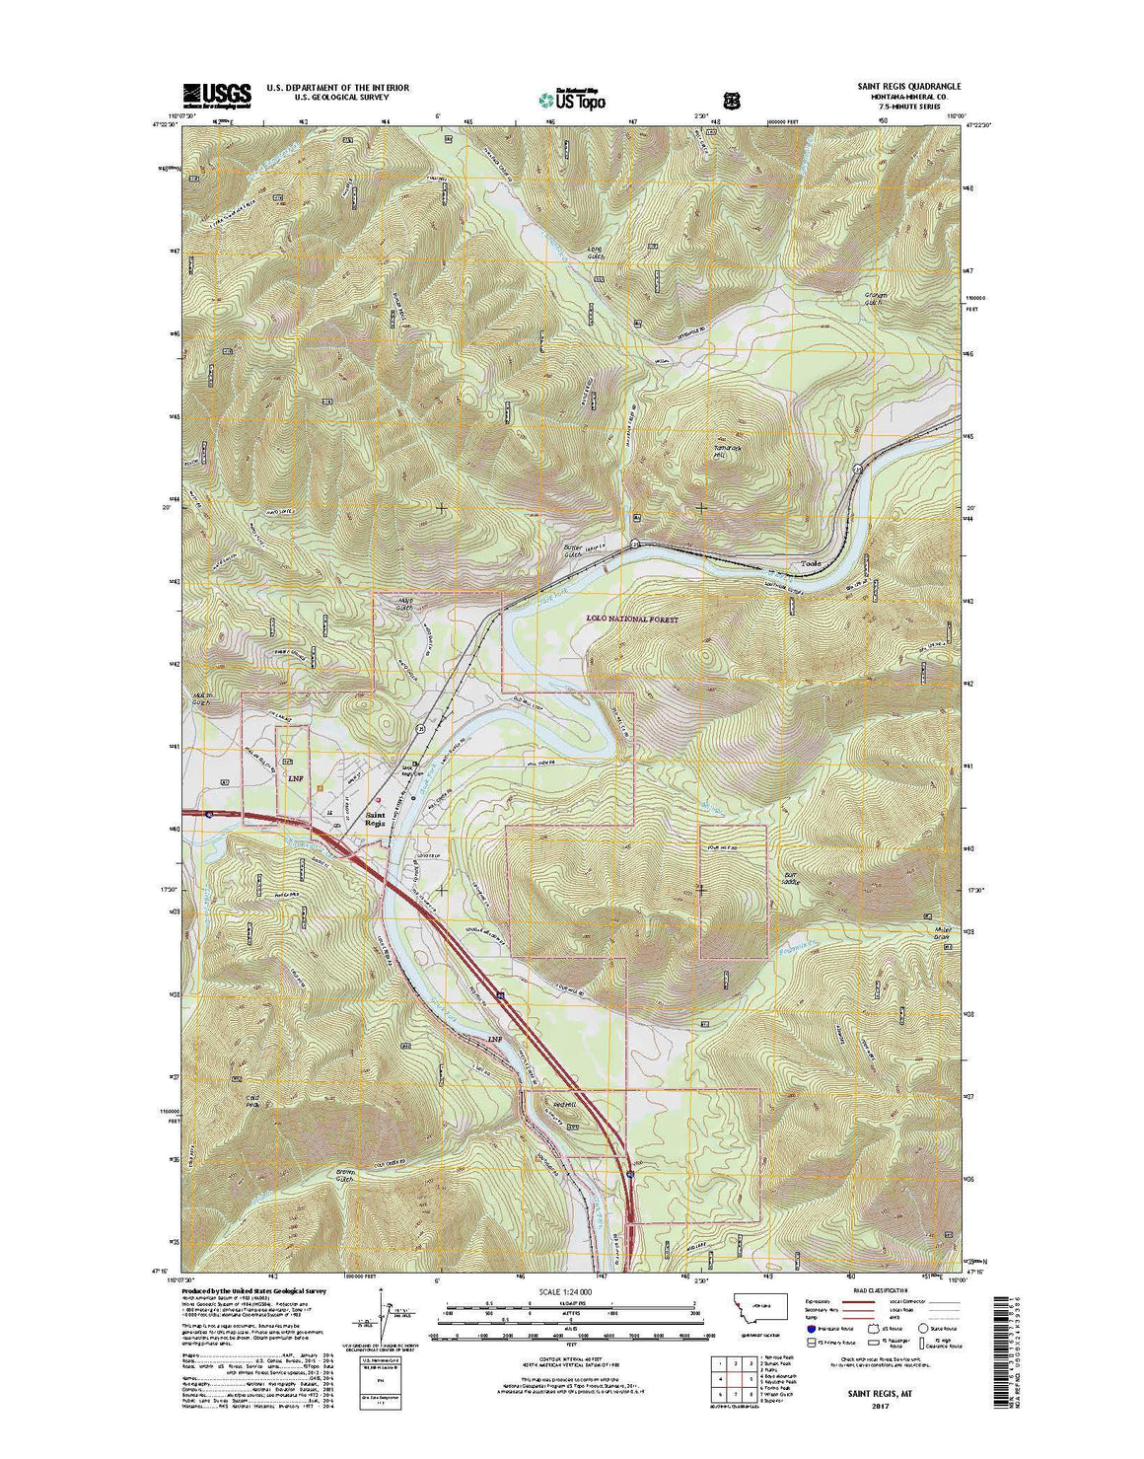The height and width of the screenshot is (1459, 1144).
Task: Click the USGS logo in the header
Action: pyautogui.click(x=216, y=94)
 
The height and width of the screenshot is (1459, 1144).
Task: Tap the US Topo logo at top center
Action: pyautogui.click(x=572, y=98)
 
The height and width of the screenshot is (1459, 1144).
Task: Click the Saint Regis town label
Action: pyautogui.click(x=375, y=819)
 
